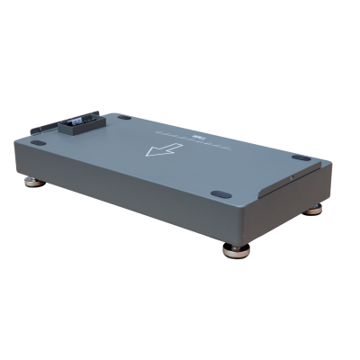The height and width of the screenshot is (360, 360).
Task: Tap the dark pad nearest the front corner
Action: point(220,193)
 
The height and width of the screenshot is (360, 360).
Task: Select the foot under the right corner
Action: point(314,210)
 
